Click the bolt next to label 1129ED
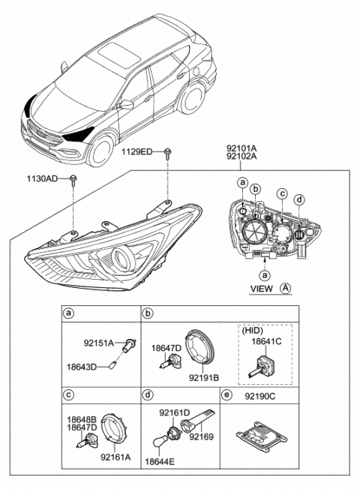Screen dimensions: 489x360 pos(168,153)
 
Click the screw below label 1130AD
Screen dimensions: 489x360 pos(74,180)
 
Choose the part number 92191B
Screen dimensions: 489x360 pos(203,379)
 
